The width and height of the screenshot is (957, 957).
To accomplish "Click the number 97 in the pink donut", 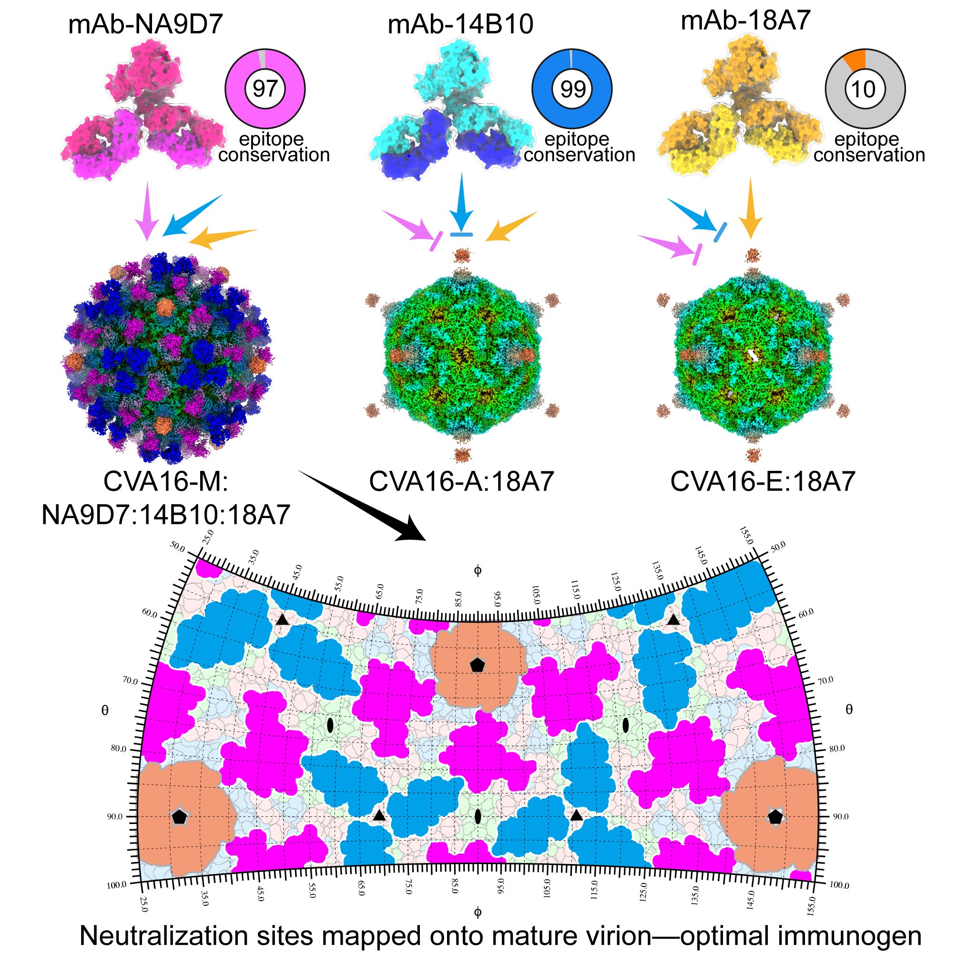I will (x=265, y=89).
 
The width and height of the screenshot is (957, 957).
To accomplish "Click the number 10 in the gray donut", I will (x=864, y=89).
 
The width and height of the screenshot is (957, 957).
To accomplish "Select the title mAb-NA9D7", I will (x=145, y=25).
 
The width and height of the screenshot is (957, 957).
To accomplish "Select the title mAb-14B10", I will (x=460, y=25).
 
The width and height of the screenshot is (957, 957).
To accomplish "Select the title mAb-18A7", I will (x=745, y=21).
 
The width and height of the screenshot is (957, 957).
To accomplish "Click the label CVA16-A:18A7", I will (x=461, y=481).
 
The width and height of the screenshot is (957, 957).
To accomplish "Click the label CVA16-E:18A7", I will (x=763, y=481).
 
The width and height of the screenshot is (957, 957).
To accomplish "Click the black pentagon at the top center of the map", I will (x=477, y=665).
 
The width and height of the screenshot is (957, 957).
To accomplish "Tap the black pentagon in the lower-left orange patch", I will (x=179, y=817).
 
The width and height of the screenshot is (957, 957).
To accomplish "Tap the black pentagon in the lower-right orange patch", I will (x=775, y=817).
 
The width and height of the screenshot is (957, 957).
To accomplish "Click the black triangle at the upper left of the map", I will (x=282, y=620).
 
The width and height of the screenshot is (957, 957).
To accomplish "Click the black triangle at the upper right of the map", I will (x=673, y=620).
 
